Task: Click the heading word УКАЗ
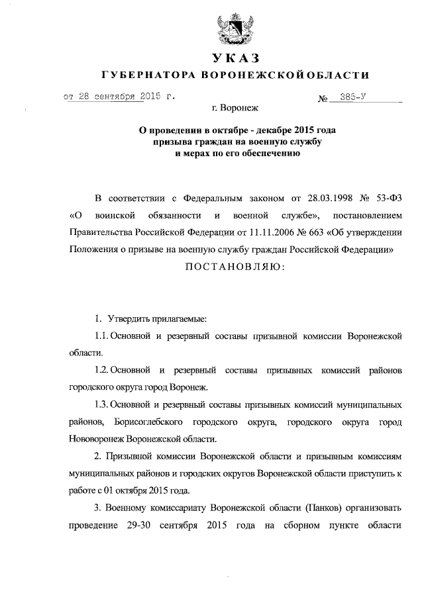[235, 58]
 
